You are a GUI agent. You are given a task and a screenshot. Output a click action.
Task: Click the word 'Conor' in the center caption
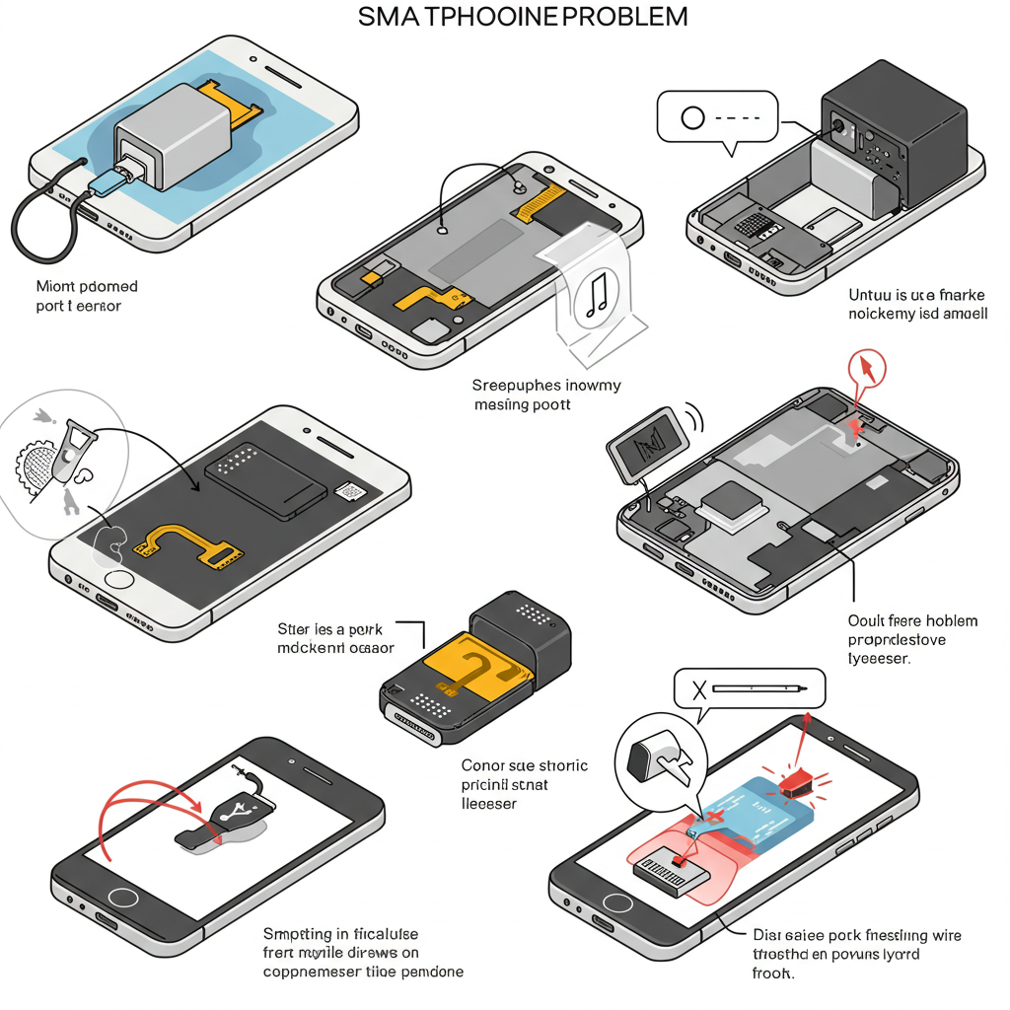[483, 765]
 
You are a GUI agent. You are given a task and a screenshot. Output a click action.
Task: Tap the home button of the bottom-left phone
[124, 900]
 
